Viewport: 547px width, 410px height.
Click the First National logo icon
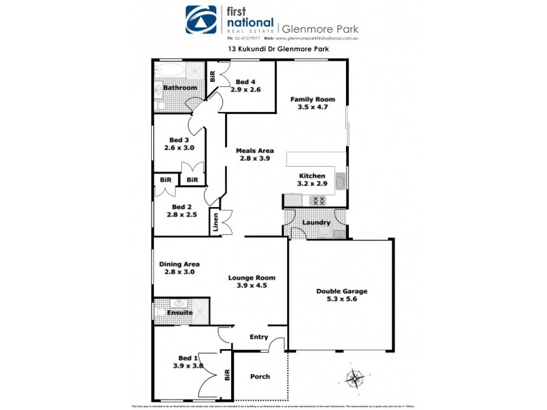pyautogui.click(x=202, y=20)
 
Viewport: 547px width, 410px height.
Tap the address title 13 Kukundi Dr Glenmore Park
pyautogui.click(x=273, y=50)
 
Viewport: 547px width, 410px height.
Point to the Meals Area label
pyautogui.click(x=255, y=150)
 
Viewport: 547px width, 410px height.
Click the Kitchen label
pyautogui.click(x=312, y=176)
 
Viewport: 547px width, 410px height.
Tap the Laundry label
pyautogui.click(x=316, y=222)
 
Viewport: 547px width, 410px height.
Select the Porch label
pyautogui.click(x=260, y=377)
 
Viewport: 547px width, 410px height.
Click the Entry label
pyautogui.click(x=259, y=337)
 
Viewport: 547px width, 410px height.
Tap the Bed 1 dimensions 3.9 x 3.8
pyautogui.click(x=188, y=366)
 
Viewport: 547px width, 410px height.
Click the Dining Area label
pyautogui.click(x=179, y=264)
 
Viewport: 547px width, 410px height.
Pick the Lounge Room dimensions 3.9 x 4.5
pyautogui.click(x=252, y=286)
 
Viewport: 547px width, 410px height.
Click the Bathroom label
pyautogui.click(x=180, y=87)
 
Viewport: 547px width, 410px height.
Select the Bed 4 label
pyautogui.click(x=245, y=82)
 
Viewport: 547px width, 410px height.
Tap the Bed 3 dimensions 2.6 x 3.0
pyautogui.click(x=180, y=148)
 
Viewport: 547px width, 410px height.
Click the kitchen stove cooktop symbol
pyautogui.click(x=318, y=200)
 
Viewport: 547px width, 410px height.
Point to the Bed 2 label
pyautogui.click(x=181, y=207)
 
